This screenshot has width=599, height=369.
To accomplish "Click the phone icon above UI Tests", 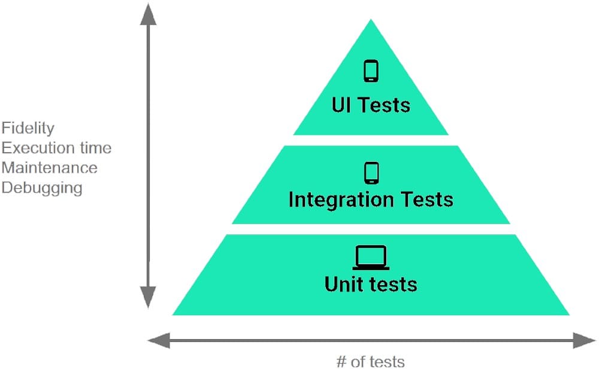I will [x=371, y=71].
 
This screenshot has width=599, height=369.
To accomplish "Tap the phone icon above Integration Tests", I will [x=371, y=173].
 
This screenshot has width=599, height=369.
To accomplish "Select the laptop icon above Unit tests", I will [x=371, y=258].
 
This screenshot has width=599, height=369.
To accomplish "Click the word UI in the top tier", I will [x=341, y=105].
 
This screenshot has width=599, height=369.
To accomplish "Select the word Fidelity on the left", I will [x=28, y=128].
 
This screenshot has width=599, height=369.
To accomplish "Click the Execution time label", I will [x=56, y=148].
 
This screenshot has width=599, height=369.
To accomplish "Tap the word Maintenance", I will [x=49, y=168].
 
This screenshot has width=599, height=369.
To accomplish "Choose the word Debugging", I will [x=42, y=188].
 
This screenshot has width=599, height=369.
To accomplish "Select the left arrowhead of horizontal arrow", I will [x=157, y=341].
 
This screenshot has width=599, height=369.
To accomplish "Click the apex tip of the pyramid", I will [x=371, y=22].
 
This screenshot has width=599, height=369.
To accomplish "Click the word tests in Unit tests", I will [x=394, y=283].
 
